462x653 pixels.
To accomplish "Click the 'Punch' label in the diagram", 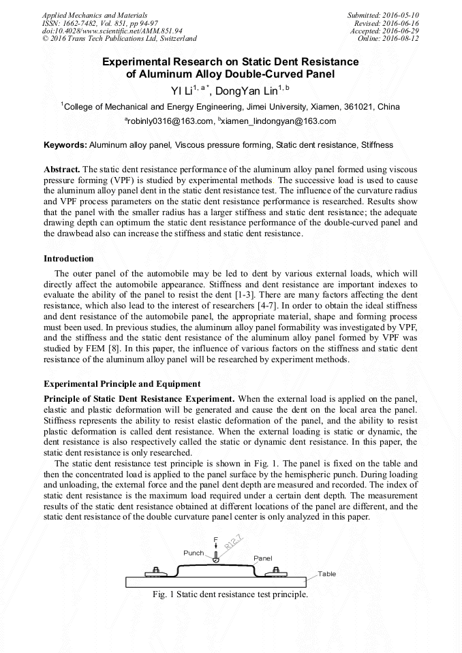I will pos(194,553).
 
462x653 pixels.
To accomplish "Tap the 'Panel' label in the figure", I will pos(263,558).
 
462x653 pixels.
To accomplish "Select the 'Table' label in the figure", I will pos(327,574).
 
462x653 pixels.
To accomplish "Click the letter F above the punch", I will pos(215,539).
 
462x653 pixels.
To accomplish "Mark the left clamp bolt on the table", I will pos(156,571).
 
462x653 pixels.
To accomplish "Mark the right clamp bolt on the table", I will pos(276,571).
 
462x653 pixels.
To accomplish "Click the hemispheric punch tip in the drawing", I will pos(215,560).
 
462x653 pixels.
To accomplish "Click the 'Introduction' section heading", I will pos(69,259).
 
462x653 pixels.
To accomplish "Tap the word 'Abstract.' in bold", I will pos(61,168).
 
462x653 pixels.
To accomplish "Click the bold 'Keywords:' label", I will pos(65,145).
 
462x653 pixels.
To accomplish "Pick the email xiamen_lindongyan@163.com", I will pos(277,121).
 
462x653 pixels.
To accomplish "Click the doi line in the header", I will pos(112,31).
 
